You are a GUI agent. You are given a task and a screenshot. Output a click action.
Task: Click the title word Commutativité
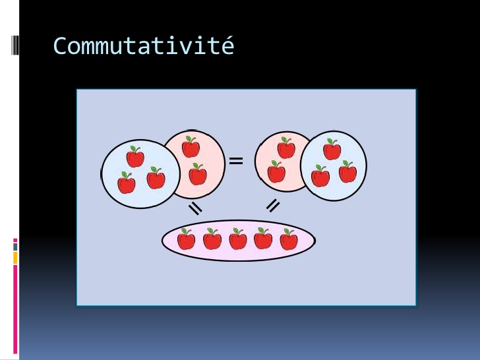tap(144, 45)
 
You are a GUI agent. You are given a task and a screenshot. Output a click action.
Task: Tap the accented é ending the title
tap(227, 45)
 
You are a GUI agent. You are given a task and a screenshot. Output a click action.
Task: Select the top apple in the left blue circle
tap(135, 157)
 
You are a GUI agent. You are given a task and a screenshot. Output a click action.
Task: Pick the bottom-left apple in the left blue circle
tap(127, 183)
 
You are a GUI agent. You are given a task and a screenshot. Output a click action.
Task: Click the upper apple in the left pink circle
tap(191, 147)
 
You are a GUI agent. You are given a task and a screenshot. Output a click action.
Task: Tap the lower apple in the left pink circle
tap(198, 174)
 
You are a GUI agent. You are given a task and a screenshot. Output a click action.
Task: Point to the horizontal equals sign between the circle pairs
tap(236, 161)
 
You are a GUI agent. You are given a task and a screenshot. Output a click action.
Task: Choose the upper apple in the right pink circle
tap(286, 148)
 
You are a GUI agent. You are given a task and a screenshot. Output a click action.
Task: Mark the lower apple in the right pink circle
tap(276, 171)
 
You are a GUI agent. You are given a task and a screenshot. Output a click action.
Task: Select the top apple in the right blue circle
tap(332, 149)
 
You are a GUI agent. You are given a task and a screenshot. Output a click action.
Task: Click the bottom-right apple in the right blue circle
tap(347, 171)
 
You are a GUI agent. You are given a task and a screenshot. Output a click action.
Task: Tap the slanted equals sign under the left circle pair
tap(195, 208)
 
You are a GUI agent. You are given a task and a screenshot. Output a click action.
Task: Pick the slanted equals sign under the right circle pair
tap(273, 206)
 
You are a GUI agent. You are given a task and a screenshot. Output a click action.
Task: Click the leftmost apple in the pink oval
tap(186, 239)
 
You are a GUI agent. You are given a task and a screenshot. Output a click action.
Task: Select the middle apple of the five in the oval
tap(238, 239)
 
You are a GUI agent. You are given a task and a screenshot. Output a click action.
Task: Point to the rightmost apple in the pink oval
tap(289, 239)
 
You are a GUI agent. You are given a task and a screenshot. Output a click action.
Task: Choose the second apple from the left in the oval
tap(212, 239)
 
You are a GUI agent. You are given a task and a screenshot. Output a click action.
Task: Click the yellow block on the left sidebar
tap(15, 258)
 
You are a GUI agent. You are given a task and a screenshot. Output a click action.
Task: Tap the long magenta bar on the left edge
tap(15, 309)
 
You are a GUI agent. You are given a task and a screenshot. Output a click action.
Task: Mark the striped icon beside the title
tap(15, 45)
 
